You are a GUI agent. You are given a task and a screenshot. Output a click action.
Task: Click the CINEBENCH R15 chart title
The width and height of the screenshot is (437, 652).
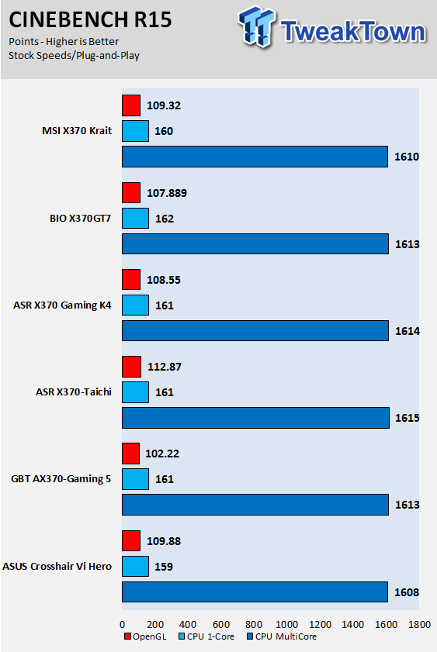pyautogui.click(x=90, y=20)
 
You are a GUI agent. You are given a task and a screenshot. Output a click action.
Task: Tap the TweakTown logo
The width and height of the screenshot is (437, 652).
pyautogui.click(x=332, y=26)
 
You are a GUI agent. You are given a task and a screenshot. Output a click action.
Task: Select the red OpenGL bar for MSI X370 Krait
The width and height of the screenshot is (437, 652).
pyautogui.click(x=131, y=105)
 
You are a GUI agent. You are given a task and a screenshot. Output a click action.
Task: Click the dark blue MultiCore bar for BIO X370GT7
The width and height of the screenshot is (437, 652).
pyautogui.click(x=255, y=243)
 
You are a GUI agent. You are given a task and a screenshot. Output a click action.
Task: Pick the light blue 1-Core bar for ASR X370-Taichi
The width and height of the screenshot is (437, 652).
pyautogui.click(x=135, y=392)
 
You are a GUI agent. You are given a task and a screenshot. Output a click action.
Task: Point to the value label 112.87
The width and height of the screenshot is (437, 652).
pyautogui.click(x=165, y=367)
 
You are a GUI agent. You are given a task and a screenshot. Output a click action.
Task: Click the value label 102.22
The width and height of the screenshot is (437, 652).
pyautogui.click(x=162, y=454)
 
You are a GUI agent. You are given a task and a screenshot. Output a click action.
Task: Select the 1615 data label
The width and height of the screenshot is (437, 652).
pyautogui.click(x=408, y=418)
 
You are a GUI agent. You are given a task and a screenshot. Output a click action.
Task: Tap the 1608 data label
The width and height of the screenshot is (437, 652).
pyautogui.click(x=407, y=592)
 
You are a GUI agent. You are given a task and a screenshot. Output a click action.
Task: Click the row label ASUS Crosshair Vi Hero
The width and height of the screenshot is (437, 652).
pyautogui.click(x=57, y=567)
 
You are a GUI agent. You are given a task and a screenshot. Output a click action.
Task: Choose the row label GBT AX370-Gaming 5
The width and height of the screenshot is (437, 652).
pyautogui.click(x=61, y=479)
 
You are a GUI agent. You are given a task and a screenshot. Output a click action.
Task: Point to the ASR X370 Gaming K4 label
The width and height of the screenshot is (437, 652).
pyautogui.click(x=62, y=305)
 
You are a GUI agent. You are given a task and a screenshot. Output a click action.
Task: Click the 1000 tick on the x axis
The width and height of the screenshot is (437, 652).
pyautogui.click(x=286, y=625)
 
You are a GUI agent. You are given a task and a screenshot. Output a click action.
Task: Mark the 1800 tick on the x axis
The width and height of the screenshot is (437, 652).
pyautogui.click(x=419, y=625)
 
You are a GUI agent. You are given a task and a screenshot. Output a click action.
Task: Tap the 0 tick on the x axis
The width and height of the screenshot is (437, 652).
pyautogui.click(x=122, y=625)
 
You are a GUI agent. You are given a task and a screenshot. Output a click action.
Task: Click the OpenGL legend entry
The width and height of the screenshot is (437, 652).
pyautogui.click(x=145, y=636)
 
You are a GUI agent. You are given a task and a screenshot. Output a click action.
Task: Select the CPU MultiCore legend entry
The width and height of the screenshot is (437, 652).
pyautogui.click(x=282, y=636)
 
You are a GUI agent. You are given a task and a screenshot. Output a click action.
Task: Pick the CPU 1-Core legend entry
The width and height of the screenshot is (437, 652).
pyautogui.click(x=206, y=636)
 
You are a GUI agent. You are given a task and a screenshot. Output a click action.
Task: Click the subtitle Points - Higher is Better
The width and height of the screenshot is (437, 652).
pyautogui.click(x=64, y=42)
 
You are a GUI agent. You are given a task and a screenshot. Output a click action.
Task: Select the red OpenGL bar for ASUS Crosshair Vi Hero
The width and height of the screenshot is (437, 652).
pyautogui.click(x=131, y=540)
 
